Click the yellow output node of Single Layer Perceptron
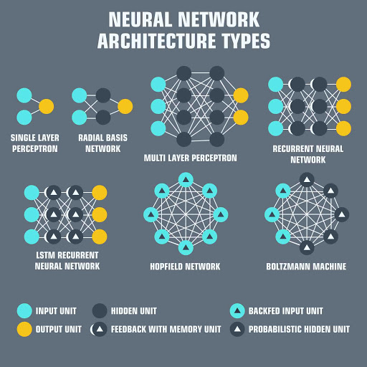pyautogui.click(x=46, y=106)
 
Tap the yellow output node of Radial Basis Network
pyautogui.click(x=125, y=106)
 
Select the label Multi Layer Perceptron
pyautogui.click(x=190, y=158)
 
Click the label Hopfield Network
pyautogui.click(x=186, y=267)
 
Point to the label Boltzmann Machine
pyautogui.click(x=306, y=267)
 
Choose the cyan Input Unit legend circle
pyautogui.click(x=24, y=310)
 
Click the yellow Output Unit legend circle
pyautogui.click(x=24, y=329)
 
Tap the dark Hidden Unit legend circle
pyautogui.click(x=100, y=310)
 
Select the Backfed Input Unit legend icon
pyautogui.click(x=237, y=310)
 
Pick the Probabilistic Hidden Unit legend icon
pyautogui.click(x=237, y=329)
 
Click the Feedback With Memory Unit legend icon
pyautogui.click(x=100, y=329)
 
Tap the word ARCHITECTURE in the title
pyautogui.click(x=153, y=40)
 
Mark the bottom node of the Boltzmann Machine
pyautogui.click(x=306, y=247)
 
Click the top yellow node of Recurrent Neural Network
pyautogui.click(x=343, y=85)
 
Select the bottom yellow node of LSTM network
pyautogui.click(x=100, y=237)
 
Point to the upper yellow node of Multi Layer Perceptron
pyautogui.click(x=241, y=95)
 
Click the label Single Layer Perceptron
pyautogui.click(x=34, y=143)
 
